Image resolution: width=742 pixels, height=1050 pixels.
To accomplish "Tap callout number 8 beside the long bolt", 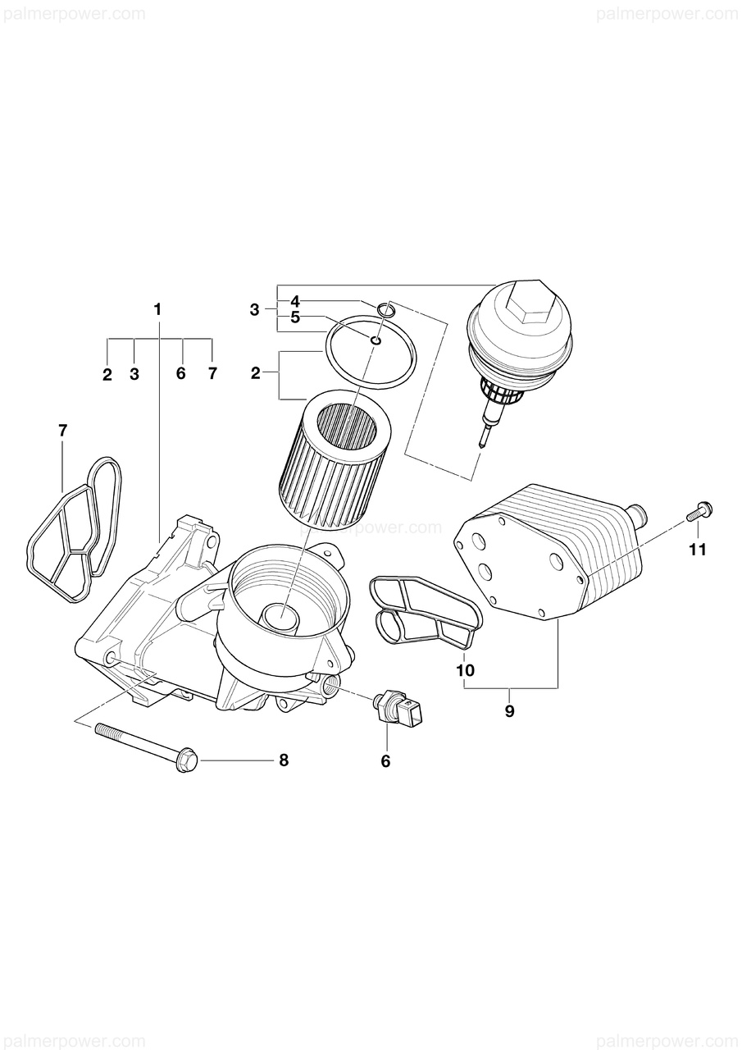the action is click(284, 760).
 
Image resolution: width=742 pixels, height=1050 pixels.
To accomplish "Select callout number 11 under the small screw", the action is click(697, 550).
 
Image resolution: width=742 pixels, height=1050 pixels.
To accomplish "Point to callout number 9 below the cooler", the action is click(509, 711).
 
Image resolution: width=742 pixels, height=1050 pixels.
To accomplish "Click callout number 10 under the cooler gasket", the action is click(465, 670).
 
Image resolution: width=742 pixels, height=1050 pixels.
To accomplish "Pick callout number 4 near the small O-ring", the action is click(295, 301).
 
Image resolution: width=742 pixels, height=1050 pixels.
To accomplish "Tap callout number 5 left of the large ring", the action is click(295, 317).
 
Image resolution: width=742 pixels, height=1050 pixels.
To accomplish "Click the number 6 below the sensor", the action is click(385, 761).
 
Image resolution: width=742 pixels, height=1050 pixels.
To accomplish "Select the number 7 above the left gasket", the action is click(63, 430).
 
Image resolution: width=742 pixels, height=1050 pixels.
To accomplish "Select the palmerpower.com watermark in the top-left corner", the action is click(73, 14).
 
